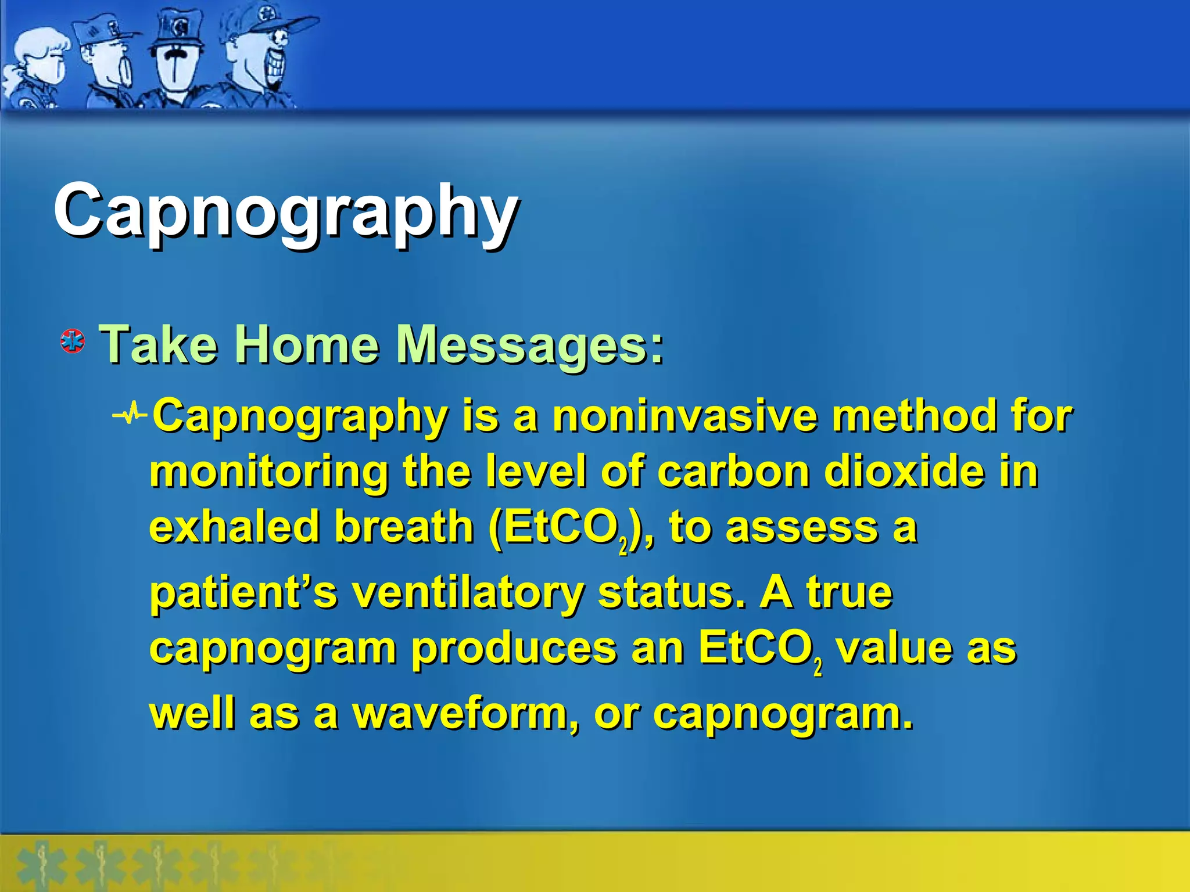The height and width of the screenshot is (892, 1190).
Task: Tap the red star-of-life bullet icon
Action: coord(73,341)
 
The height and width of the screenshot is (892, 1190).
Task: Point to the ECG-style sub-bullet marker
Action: coord(130,415)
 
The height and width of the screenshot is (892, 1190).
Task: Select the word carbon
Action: coord(733,471)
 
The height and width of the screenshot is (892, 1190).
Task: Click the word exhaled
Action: coord(235,527)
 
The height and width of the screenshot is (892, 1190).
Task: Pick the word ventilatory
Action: coord(468,594)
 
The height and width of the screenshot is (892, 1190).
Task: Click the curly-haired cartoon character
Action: coord(38,67)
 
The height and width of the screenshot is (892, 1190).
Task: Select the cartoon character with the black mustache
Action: coord(174,58)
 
